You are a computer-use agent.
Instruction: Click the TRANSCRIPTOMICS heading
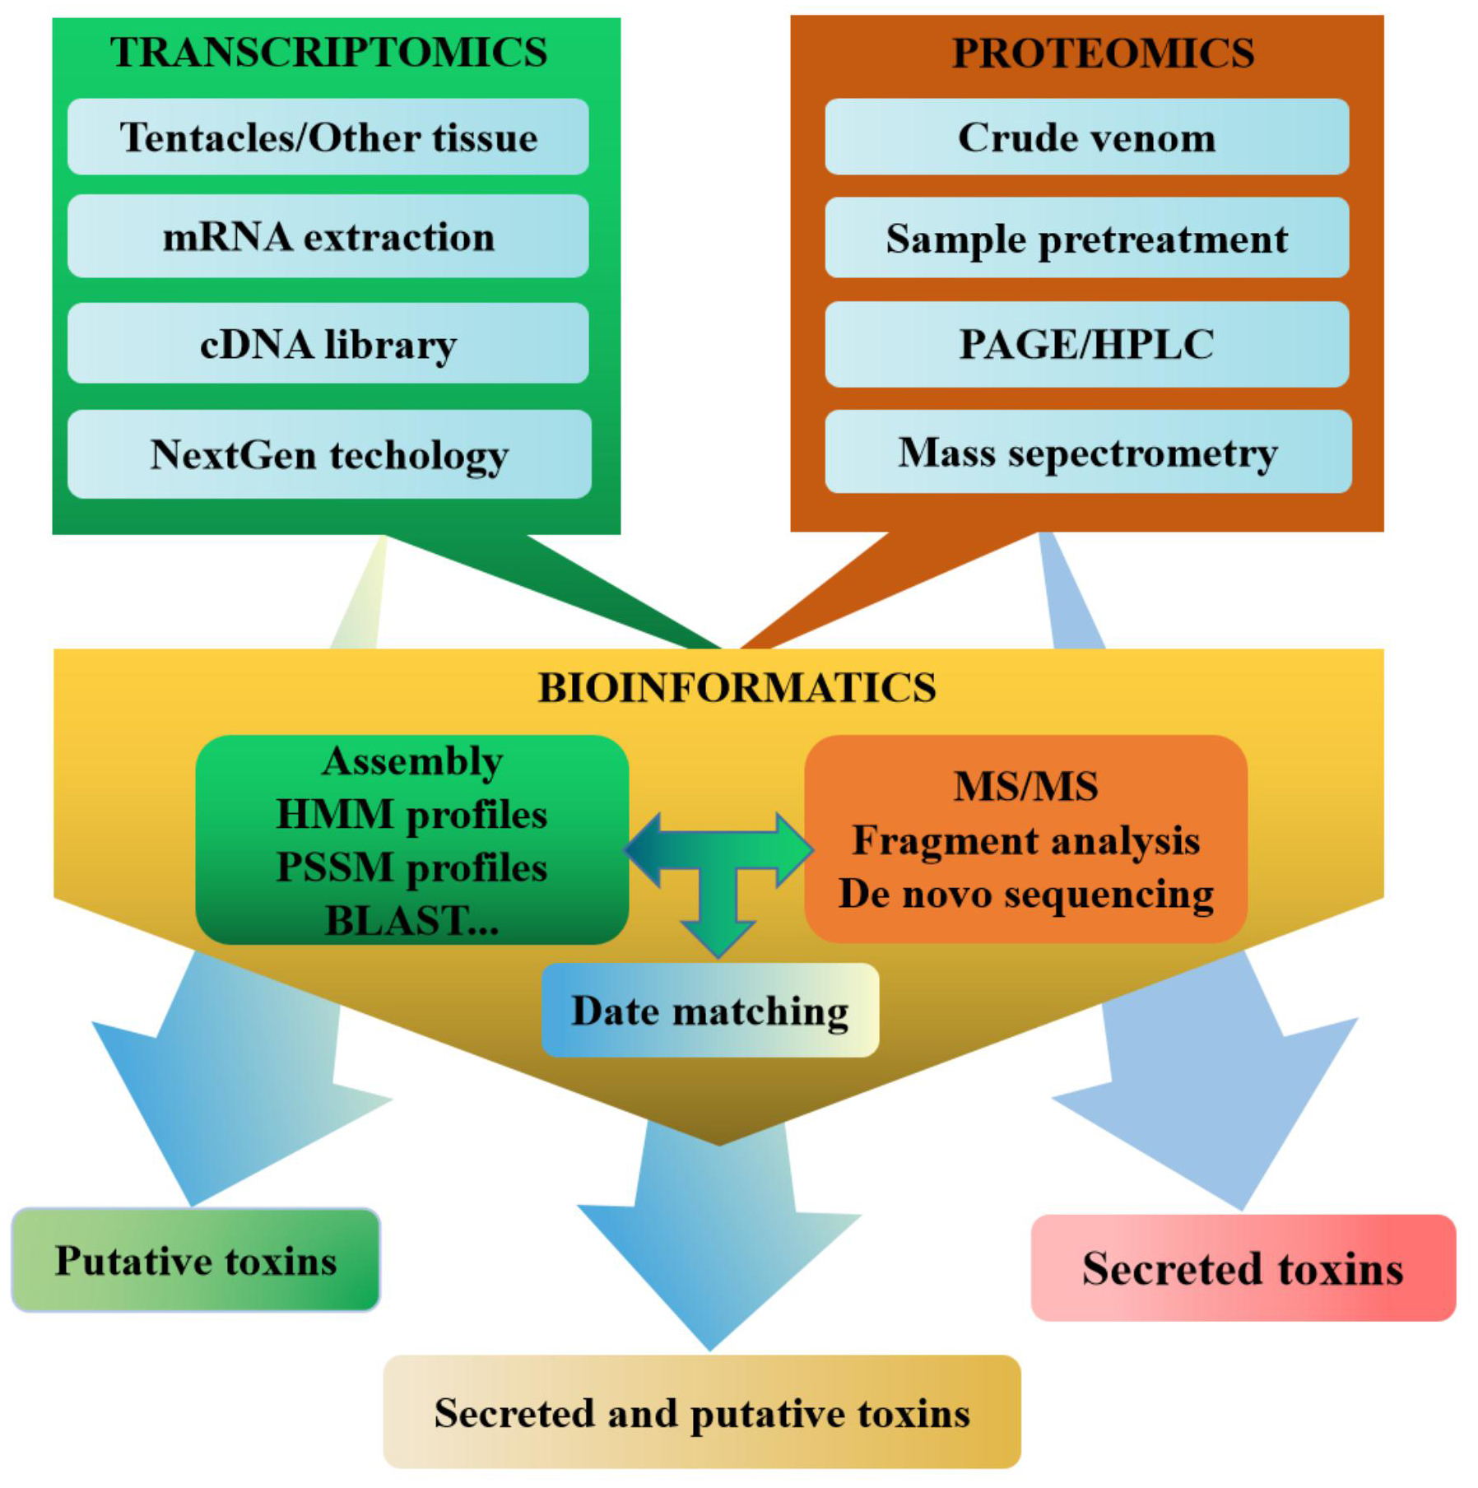pyautogui.click(x=328, y=52)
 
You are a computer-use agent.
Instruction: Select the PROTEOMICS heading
pyautogui.click(x=1103, y=53)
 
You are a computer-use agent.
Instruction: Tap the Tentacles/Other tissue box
pyautogui.click(x=328, y=137)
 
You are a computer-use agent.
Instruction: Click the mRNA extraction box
pyautogui.click(x=328, y=237)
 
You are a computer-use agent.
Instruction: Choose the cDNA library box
pyautogui.click(x=328, y=344)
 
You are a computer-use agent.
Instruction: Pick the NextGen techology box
pyautogui.click(x=329, y=454)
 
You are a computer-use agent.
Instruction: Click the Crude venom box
pyautogui.click(x=1086, y=137)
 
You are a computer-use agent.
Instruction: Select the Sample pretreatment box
pyautogui.click(x=1086, y=239)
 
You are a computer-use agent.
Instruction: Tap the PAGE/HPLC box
pyautogui.click(x=1086, y=344)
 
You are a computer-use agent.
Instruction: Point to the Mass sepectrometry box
pyautogui.click(x=1088, y=453)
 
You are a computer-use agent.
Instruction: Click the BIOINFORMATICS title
pyautogui.click(x=737, y=688)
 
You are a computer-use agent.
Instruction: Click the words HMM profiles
pyautogui.click(x=411, y=815)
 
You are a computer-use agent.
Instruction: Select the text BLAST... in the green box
pyautogui.click(x=411, y=920)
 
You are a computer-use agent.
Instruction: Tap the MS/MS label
pyautogui.click(x=1025, y=786)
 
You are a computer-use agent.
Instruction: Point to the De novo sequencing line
pyautogui.click(x=1025, y=894)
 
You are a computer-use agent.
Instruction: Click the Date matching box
pyautogui.click(x=709, y=1011)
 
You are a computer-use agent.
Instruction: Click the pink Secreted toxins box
pyautogui.click(x=1243, y=1268)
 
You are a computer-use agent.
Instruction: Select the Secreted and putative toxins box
pyautogui.click(x=702, y=1413)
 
